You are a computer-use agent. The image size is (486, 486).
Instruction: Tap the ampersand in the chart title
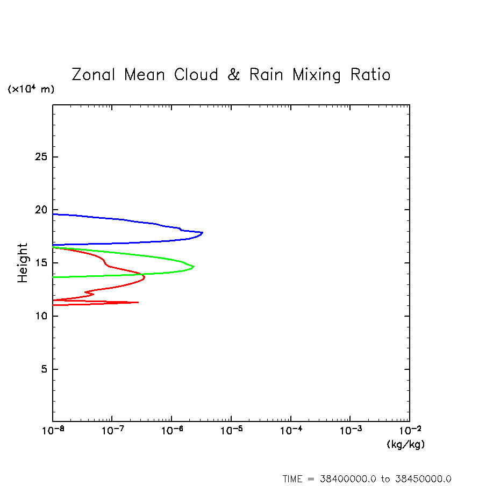coord(233,74)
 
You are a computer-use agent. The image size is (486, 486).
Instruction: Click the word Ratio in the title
coord(370,74)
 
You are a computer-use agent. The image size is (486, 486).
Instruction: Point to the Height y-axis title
coord(22,263)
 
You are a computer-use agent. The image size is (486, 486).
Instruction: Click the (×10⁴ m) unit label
coord(31,89)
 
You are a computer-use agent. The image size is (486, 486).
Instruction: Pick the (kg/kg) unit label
coord(405,445)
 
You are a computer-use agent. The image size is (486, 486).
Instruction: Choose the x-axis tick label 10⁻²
coord(409,431)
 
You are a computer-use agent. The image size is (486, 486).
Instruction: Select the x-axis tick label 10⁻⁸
coord(52,431)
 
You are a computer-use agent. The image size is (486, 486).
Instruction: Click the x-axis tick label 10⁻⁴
coord(290,431)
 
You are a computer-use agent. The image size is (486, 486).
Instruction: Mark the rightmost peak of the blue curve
coord(202,232)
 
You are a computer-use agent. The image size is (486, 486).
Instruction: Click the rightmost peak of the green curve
coord(194,267)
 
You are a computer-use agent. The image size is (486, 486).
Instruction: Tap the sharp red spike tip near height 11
coord(138,302)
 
